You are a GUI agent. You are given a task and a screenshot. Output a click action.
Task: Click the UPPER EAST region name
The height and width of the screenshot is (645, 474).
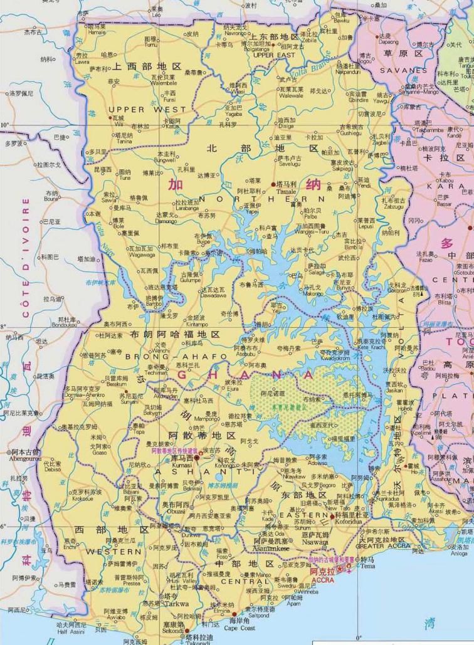[x=273, y=55]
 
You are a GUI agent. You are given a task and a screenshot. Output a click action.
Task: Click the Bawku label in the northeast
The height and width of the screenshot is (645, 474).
[x=342, y=21]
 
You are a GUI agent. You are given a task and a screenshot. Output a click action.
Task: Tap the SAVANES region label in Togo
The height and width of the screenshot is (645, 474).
[x=403, y=71]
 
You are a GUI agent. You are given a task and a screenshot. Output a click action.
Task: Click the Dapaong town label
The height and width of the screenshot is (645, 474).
[x=384, y=43]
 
